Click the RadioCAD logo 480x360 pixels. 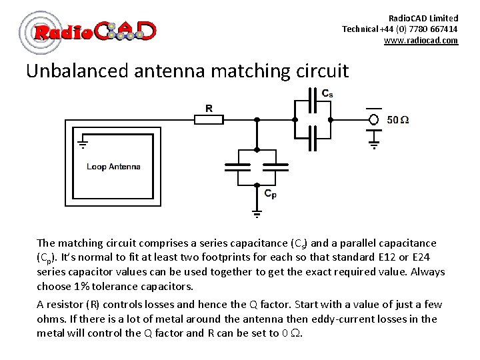click(x=88, y=31)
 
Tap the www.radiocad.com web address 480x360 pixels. click(x=421, y=41)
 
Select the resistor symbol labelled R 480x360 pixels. click(x=209, y=119)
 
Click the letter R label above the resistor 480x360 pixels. click(x=209, y=107)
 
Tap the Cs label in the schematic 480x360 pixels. click(x=327, y=94)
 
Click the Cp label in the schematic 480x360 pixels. click(x=270, y=194)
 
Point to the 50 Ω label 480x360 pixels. click(x=398, y=120)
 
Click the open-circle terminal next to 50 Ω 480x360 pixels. click(x=374, y=120)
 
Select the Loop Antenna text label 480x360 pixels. click(x=113, y=166)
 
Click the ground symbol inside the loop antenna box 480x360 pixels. click(x=83, y=143)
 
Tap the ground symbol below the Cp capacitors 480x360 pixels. click(x=257, y=213)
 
